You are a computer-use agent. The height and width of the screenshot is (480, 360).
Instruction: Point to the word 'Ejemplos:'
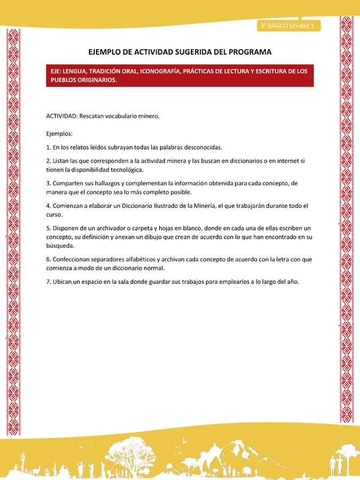pos(59,133)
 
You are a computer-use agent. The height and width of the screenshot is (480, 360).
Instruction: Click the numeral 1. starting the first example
pos(48,147)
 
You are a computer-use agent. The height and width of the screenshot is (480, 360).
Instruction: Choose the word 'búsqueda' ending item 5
pos(61,245)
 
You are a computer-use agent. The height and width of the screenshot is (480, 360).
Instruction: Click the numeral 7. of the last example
pos(48,282)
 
